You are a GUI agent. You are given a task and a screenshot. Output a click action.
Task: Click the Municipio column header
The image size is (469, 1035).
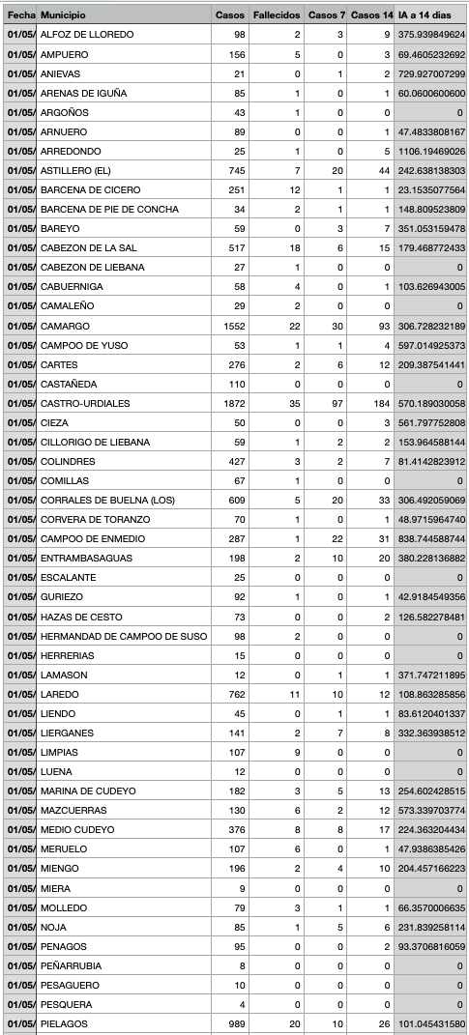point(63,15)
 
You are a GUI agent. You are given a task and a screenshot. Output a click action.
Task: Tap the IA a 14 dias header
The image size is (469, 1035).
point(431,15)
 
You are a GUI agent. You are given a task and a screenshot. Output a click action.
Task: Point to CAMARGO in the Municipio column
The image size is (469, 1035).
point(65,326)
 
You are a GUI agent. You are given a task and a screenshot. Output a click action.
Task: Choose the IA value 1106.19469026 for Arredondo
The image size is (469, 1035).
point(431,152)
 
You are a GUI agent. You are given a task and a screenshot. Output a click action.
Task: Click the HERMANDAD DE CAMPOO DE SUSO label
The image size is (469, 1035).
point(123,636)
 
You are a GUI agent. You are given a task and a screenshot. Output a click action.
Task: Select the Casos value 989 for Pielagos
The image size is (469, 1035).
point(234,1023)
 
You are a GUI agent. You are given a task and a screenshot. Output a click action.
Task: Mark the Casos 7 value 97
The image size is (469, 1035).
point(337,403)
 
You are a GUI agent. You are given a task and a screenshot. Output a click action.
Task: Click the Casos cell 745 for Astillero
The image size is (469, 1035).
point(234,171)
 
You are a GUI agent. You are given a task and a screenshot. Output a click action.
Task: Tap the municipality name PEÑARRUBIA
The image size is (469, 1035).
point(71,965)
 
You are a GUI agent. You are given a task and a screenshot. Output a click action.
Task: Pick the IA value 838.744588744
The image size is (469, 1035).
point(431,539)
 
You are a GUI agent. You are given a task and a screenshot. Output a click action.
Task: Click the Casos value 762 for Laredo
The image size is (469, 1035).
point(234,694)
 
